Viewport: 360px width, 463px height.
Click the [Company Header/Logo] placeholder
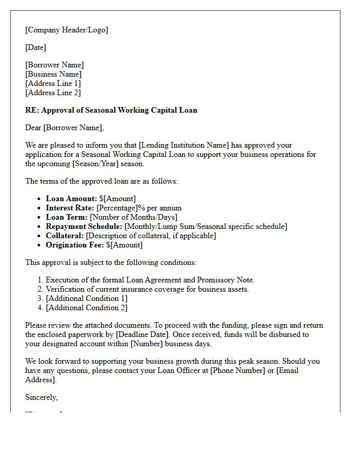(67, 30)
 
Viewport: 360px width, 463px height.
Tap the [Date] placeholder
(35, 47)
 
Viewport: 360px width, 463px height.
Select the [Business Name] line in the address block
(53, 74)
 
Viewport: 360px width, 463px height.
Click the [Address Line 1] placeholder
(53, 83)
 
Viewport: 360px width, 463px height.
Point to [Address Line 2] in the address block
(53, 93)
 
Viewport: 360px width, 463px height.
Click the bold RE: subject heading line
(111, 110)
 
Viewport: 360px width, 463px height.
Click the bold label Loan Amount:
(71, 199)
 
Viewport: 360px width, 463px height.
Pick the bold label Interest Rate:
(70, 208)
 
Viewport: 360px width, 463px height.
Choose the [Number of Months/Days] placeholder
(134, 217)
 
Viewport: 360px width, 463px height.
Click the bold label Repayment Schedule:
(84, 226)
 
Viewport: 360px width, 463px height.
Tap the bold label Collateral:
(65, 236)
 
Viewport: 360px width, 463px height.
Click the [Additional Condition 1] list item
(86, 298)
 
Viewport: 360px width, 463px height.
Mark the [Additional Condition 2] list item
(86, 308)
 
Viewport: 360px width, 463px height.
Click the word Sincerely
(42, 397)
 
